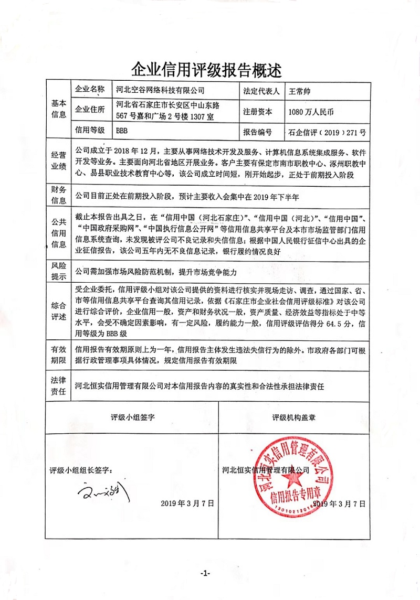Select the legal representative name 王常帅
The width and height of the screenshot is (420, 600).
pos(300,90)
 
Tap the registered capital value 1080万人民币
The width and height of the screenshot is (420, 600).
pos(311,111)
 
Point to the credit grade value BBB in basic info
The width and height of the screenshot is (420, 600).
pos(122,131)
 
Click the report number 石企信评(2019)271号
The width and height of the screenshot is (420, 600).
pos(327,131)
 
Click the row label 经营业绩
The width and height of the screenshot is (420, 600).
pos(58,160)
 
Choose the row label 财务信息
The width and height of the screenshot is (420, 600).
pos(58,195)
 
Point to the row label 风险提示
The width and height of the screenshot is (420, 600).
pos(58,271)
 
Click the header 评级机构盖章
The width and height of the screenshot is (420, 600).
pos(297,418)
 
